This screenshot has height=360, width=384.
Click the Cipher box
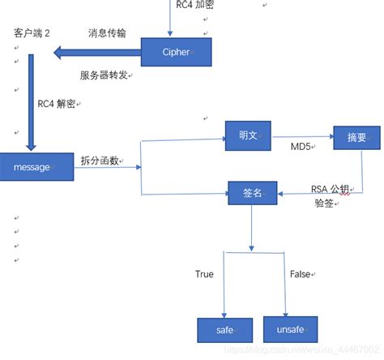coord(177,53)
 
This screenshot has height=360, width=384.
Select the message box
coord(32,166)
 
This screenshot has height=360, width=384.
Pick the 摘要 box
coord(356,138)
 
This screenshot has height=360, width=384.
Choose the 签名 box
coord(252,194)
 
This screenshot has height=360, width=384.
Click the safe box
coord(224,330)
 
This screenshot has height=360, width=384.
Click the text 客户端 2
coord(32,33)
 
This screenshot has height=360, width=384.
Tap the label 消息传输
coord(107,33)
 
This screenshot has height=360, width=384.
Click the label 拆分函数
coord(100,161)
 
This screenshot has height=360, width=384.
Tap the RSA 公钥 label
coord(330,190)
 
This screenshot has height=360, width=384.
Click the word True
coord(204,274)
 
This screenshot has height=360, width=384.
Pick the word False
coord(300,274)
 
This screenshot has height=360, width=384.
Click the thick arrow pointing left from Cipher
coord(96,54)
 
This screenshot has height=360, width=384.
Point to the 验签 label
coord(324,204)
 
